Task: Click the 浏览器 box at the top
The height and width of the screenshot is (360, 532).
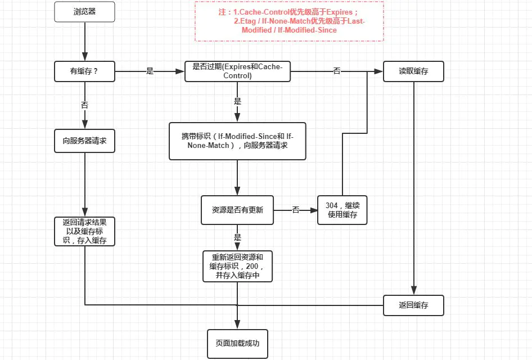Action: pyautogui.click(x=84, y=12)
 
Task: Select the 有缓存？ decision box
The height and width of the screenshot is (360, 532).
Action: pyautogui.click(x=84, y=71)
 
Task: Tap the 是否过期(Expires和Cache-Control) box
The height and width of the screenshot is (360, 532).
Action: pyautogui.click(x=238, y=71)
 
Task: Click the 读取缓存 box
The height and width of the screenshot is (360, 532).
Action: pyautogui.click(x=413, y=71)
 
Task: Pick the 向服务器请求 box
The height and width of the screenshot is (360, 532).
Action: pyautogui.click(x=84, y=141)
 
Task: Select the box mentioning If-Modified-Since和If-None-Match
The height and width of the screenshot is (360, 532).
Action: pyautogui.click(x=237, y=141)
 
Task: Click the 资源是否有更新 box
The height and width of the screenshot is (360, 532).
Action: pyautogui.click(x=237, y=210)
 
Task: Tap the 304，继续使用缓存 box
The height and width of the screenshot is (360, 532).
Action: pyautogui.click(x=342, y=210)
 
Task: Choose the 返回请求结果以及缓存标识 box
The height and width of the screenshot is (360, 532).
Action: pyautogui.click(x=84, y=231)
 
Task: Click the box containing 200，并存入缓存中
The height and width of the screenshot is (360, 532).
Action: pyautogui.click(x=237, y=266)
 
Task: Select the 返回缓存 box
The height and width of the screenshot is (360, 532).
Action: pyautogui.click(x=413, y=305)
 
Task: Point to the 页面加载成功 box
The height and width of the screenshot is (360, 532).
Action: pyautogui.click(x=237, y=343)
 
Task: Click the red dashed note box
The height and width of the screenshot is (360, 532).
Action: pyautogui.click(x=289, y=21)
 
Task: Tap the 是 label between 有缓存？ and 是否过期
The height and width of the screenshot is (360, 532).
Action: pyautogui.click(x=150, y=71)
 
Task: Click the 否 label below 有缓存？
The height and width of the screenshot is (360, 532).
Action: pyautogui.click(x=84, y=105)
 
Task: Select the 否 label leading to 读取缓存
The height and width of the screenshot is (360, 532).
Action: pyautogui.click(x=337, y=71)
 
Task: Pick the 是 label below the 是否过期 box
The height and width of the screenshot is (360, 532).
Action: pyautogui.click(x=237, y=102)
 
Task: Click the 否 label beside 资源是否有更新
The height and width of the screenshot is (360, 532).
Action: pyautogui.click(x=295, y=210)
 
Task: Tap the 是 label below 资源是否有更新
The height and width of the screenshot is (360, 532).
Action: pyautogui.click(x=237, y=237)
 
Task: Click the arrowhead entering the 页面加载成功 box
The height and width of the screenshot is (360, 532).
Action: pyautogui.click(x=237, y=325)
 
